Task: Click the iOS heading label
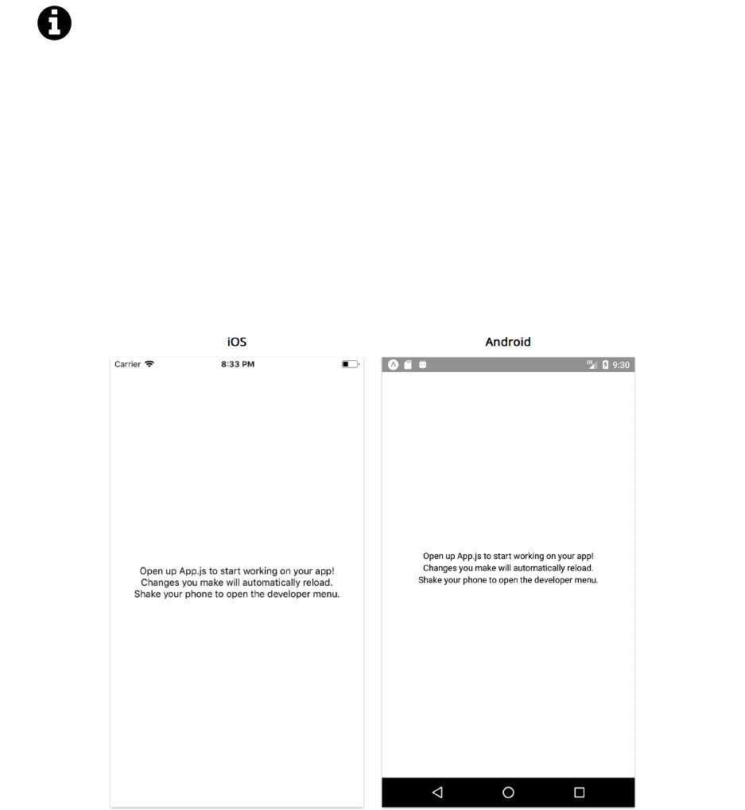click(x=237, y=342)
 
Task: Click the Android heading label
click(x=508, y=342)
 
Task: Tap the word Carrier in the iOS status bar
click(x=127, y=364)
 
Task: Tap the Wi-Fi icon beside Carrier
click(x=149, y=364)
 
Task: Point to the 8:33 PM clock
click(x=238, y=364)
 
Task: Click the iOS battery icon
click(x=350, y=364)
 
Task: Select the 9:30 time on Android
click(x=621, y=365)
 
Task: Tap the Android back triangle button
click(x=437, y=793)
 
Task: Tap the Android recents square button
click(x=579, y=793)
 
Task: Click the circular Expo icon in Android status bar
click(x=393, y=365)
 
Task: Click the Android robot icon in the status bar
click(x=423, y=365)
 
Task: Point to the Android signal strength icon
click(x=592, y=365)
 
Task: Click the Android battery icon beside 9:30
click(x=606, y=365)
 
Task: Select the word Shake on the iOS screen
click(x=146, y=595)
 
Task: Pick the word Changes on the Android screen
click(x=439, y=568)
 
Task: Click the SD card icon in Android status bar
click(x=408, y=365)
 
